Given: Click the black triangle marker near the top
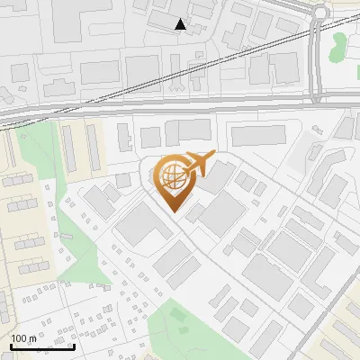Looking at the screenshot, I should tap(181, 24).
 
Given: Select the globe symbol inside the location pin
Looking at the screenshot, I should tap(171, 175).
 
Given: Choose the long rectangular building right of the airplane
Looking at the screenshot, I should tap(259, 136).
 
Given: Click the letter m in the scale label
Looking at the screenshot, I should tap(32, 338).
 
